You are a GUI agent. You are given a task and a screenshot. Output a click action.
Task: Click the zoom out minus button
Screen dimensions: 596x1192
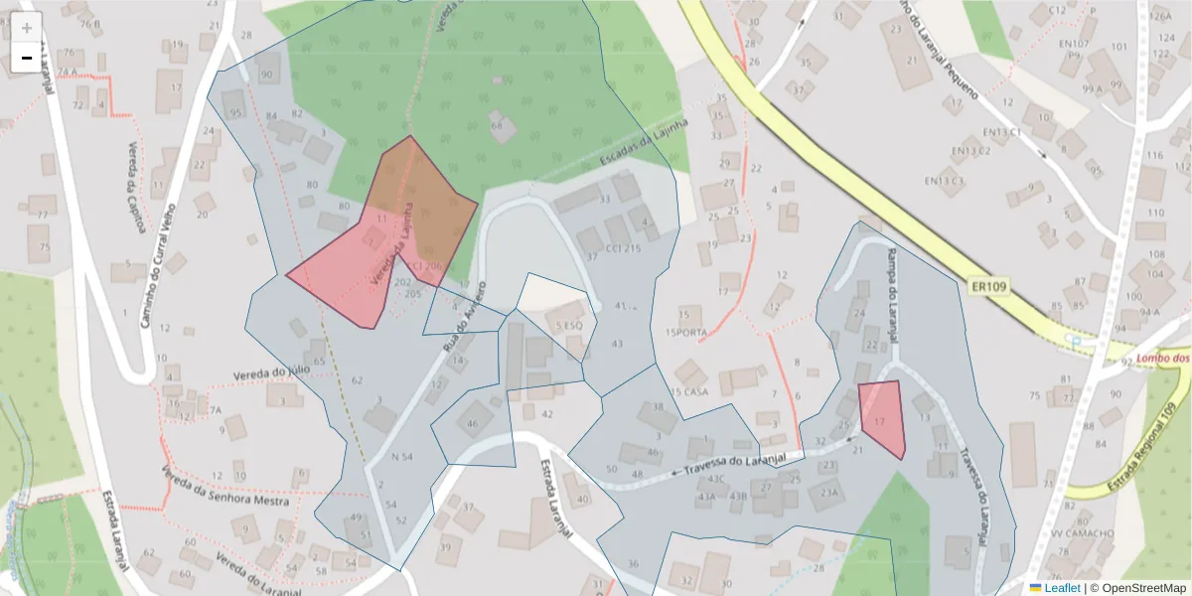click(27, 59)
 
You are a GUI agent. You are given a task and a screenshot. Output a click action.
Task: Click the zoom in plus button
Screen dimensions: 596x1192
click(27, 28)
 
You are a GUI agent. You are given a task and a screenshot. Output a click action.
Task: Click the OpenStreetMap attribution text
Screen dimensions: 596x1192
click(1137, 587)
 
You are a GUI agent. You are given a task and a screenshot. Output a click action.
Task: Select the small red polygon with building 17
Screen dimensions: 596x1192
click(882, 418)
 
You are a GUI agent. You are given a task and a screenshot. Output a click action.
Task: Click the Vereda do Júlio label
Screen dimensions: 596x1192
click(273, 371)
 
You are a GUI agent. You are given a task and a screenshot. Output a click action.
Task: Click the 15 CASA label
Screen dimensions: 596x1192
click(689, 391)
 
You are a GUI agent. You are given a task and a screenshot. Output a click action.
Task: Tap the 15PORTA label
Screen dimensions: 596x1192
click(688, 332)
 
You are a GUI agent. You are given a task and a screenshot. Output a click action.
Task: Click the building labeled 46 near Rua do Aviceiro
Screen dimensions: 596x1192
click(473, 423)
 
